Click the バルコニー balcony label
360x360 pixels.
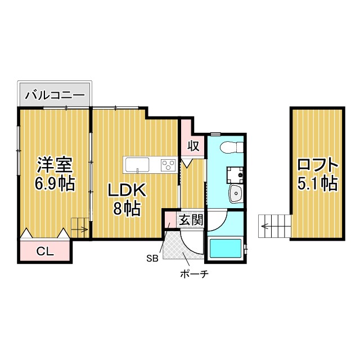click(55, 94)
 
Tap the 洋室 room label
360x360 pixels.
click(55, 165)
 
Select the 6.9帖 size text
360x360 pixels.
click(55, 183)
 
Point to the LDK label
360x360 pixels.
click(127, 191)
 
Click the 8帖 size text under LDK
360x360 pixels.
click(127, 209)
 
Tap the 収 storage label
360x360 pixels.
click(193, 146)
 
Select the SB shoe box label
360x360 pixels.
click(152, 259)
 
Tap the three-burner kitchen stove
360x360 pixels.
click(168, 165)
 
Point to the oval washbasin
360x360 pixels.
click(236, 195)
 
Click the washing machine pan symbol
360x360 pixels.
click(235, 175)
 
